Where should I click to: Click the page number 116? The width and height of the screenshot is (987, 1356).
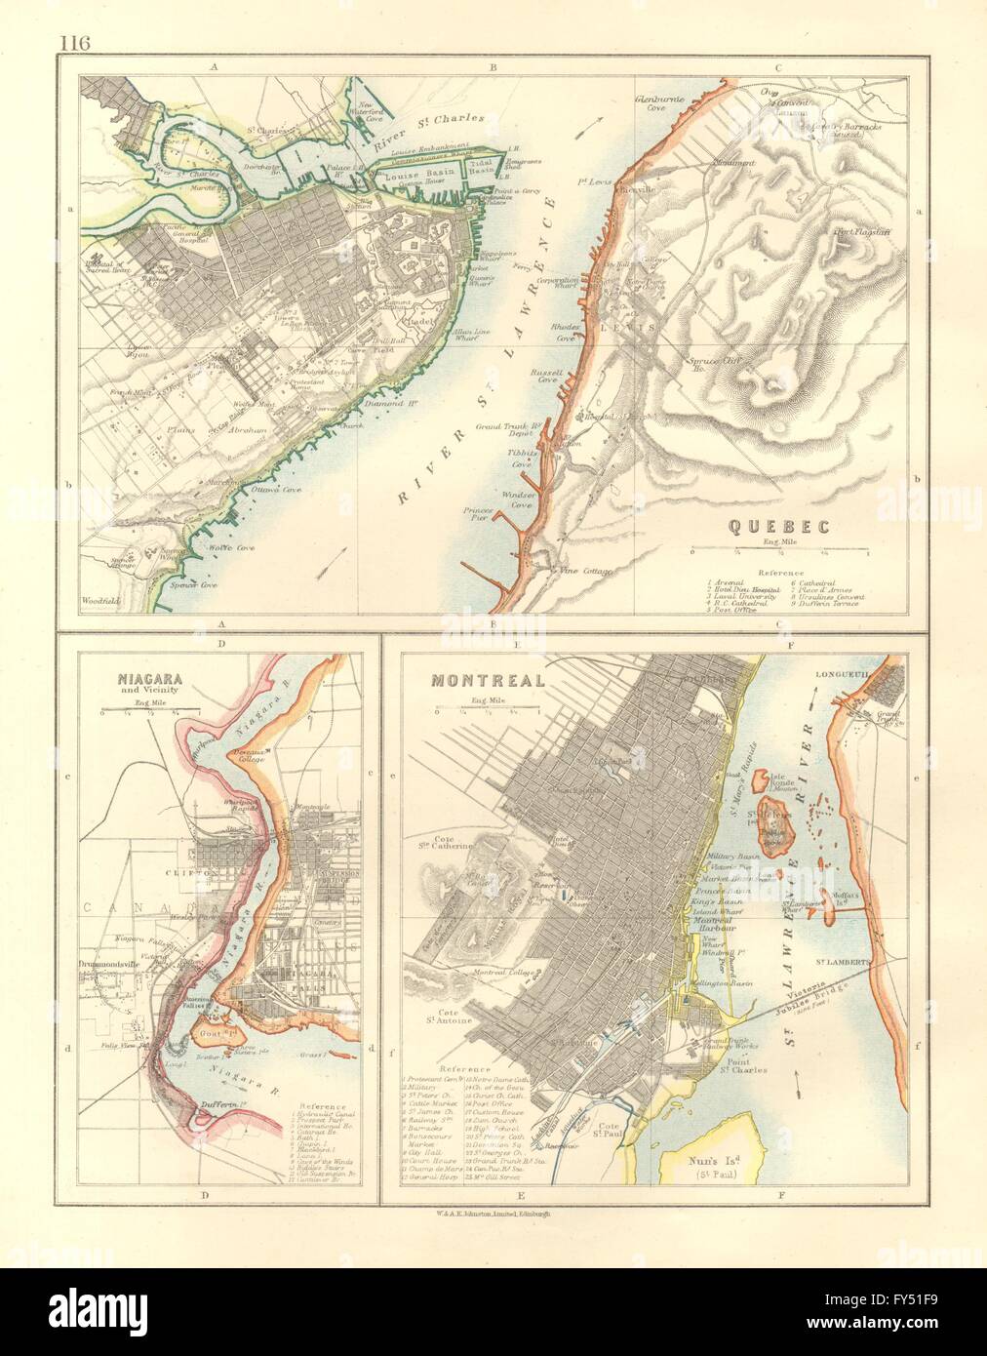(72, 42)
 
